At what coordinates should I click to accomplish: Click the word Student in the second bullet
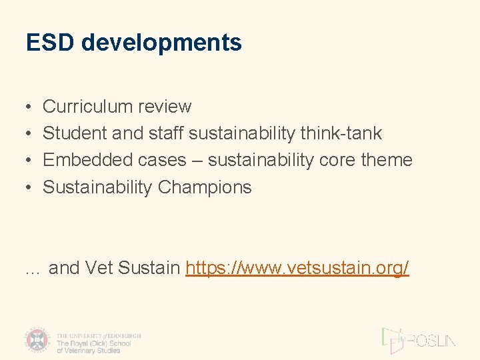click(75, 133)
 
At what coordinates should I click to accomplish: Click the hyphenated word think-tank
click(341, 133)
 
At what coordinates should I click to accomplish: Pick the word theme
click(387, 160)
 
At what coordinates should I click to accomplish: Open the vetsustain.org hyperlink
click(297, 268)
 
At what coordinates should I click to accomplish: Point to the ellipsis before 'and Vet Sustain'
click(33, 269)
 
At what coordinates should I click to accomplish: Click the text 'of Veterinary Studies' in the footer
click(89, 350)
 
